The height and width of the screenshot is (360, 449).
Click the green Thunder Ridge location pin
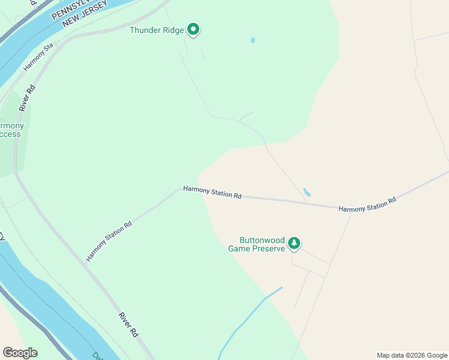coord(193,29)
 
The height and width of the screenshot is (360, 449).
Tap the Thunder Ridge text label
coord(157,29)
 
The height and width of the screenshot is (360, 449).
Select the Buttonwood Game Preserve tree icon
coord(294,243)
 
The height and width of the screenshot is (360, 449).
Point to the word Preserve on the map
coord(268,248)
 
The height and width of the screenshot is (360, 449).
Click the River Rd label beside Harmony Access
coord(27,98)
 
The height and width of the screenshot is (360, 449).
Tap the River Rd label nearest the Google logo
coord(128,325)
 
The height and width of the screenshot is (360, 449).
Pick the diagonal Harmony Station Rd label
coord(109,241)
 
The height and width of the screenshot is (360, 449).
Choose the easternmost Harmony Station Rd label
coord(367,205)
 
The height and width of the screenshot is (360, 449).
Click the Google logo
coord(20,353)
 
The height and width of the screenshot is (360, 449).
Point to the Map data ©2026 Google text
coord(411,355)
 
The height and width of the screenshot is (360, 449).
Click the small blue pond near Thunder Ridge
coord(253,41)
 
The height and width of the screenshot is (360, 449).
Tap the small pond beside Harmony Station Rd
coord(307,193)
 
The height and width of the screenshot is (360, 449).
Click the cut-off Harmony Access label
coord(11,130)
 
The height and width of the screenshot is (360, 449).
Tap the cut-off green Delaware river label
coord(96,355)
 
